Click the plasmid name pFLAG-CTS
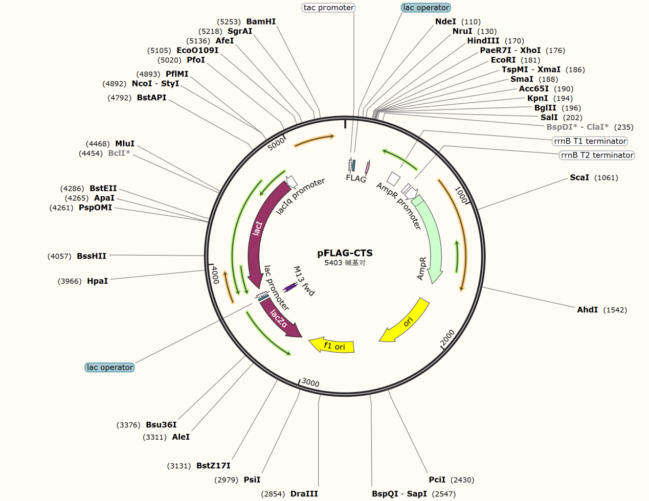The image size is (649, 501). (345, 253)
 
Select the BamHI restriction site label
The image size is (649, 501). (261, 21)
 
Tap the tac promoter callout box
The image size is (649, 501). (329, 8)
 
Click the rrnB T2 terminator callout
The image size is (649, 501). (597, 155)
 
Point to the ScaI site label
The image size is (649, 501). (579, 177)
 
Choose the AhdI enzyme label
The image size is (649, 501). (587, 310)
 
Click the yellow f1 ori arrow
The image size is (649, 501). (332, 346)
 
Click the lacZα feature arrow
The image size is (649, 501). (279, 320)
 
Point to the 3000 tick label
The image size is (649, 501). (310, 382)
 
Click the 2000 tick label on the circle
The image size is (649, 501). (447, 338)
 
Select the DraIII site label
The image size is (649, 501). (304, 494)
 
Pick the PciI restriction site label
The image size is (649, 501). (437, 480)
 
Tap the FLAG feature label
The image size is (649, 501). (356, 178)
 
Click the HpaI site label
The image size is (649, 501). (97, 281)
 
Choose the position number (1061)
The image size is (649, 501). (606, 178)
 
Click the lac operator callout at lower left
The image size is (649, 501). (109, 367)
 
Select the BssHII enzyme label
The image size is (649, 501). (92, 256)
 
